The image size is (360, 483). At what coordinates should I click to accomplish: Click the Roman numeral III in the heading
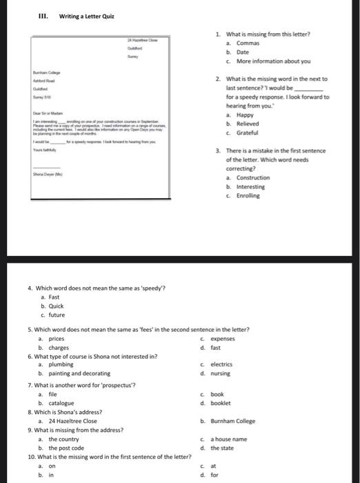pos(43,17)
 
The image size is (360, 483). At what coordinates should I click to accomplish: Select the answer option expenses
pos(223,339)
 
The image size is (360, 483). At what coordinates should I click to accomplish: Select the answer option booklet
pos(221,403)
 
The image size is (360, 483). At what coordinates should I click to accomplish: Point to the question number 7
pos(30,384)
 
